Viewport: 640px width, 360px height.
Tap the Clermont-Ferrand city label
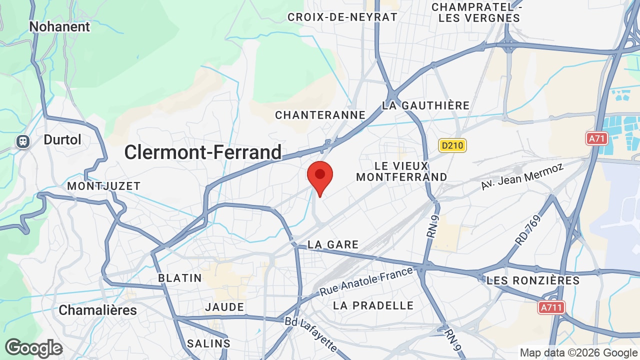coord(203,152)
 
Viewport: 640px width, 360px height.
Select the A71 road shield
coord(596,138)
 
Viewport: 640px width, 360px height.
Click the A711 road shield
coord(551,307)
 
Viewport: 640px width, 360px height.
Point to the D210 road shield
coord(452,145)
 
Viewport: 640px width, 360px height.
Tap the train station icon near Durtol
coord(23,141)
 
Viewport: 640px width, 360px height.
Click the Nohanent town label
coord(59,26)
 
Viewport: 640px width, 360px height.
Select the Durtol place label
coord(62,139)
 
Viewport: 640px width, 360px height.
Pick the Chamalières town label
coord(97,310)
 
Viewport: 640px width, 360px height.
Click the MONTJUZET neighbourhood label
coord(104,186)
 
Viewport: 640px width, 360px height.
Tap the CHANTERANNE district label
coord(320,115)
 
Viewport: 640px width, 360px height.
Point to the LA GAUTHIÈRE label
coord(425,105)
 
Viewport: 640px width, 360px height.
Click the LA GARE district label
coord(333,244)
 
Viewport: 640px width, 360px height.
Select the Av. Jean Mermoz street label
coord(522,176)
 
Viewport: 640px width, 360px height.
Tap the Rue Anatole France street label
coord(366,280)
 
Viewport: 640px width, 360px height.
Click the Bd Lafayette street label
coord(310,334)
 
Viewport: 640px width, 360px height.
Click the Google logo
coord(34,348)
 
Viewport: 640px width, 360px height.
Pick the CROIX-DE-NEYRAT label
coord(342,17)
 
